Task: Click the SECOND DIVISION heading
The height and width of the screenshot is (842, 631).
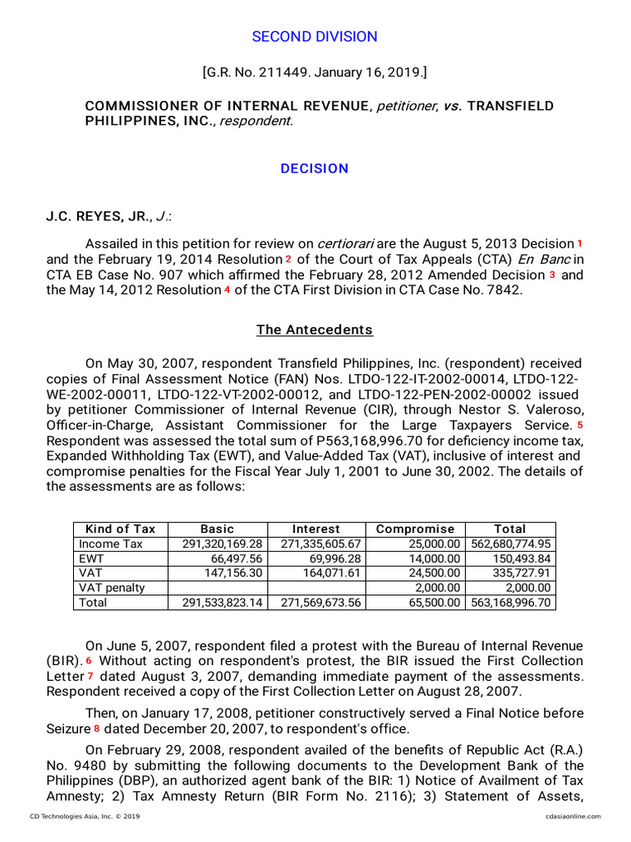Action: click(x=315, y=37)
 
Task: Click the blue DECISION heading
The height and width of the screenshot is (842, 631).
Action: click(x=315, y=169)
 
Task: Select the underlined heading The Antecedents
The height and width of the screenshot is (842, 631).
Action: click(x=315, y=330)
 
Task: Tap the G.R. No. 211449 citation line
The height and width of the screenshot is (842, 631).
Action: click(x=315, y=72)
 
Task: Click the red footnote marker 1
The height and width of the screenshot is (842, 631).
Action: click(x=579, y=243)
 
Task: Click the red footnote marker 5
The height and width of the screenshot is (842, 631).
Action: click(x=579, y=425)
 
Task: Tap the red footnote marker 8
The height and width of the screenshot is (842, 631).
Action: click(x=96, y=729)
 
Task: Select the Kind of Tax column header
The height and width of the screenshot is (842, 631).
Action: click(x=120, y=529)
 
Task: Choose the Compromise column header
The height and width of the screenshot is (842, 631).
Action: click(x=415, y=529)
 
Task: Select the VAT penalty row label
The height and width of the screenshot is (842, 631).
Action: click(x=112, y=588)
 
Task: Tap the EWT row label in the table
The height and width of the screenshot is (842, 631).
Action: click(x=91, y=558)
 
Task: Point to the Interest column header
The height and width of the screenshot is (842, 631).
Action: click(x=316, y=529)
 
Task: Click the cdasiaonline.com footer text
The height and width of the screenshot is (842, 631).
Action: click(x=572, y=817)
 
